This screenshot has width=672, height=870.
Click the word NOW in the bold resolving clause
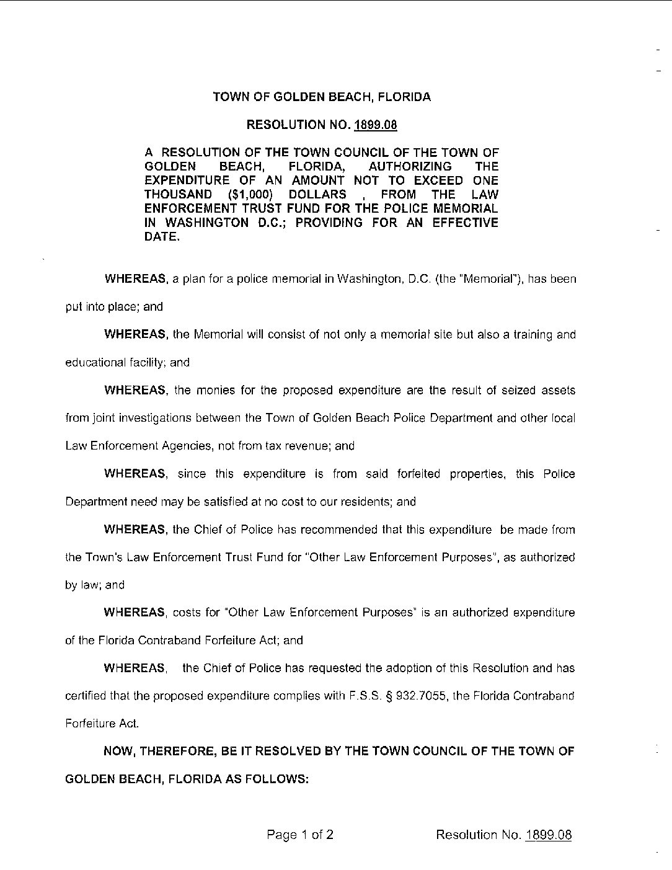point(117,752)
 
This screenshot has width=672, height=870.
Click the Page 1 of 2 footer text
point(301,835)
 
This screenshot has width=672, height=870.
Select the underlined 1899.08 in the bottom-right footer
point(548,835)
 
